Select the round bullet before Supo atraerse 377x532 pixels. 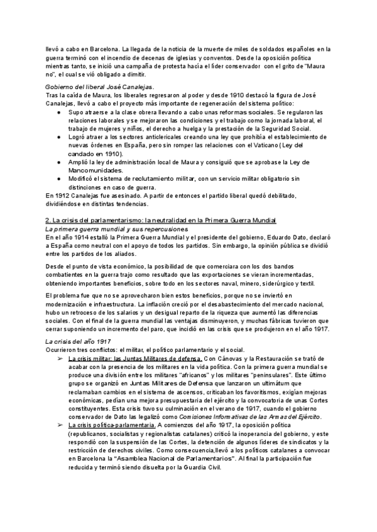58,111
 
